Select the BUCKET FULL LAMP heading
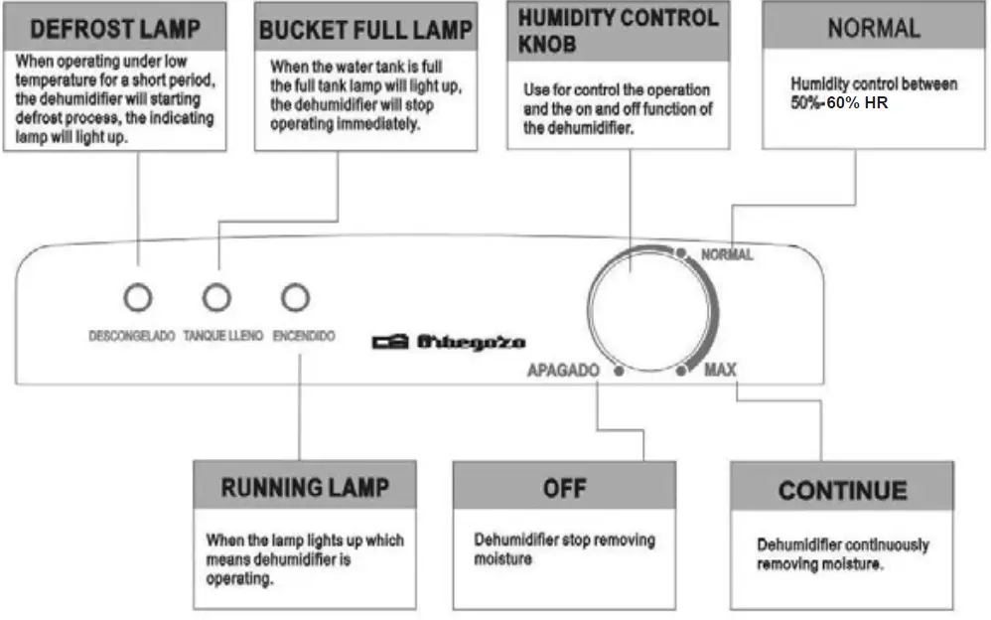364,30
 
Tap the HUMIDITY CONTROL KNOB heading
617,31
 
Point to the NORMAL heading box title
874,28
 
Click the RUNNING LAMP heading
305,488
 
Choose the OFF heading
564,488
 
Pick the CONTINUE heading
842,490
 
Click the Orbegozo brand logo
449,342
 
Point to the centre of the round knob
646,309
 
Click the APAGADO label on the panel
564,371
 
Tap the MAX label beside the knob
720,371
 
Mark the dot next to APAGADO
619,372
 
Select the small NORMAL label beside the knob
727,255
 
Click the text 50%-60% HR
838,103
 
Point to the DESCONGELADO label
132,337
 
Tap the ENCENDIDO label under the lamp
304,337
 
